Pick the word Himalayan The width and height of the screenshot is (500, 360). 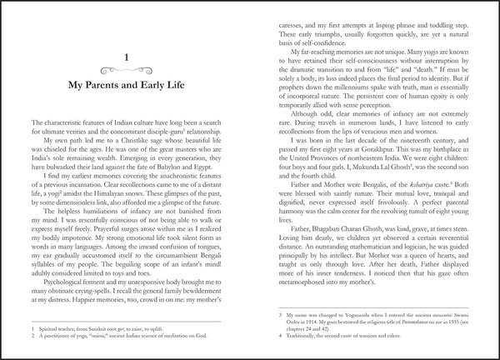point(109,196)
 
